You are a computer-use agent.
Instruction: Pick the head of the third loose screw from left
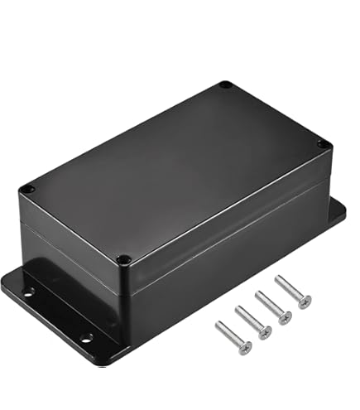click(x=286, y=317)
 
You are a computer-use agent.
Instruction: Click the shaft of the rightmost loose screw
click(x=290, y=288)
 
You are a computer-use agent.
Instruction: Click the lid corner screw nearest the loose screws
click(x=123, y=260)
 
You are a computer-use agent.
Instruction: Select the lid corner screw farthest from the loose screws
click(x=224, y=84)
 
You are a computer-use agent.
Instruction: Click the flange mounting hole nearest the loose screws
click(x=87, y=338)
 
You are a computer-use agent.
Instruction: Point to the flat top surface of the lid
click(x=174, y=166)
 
